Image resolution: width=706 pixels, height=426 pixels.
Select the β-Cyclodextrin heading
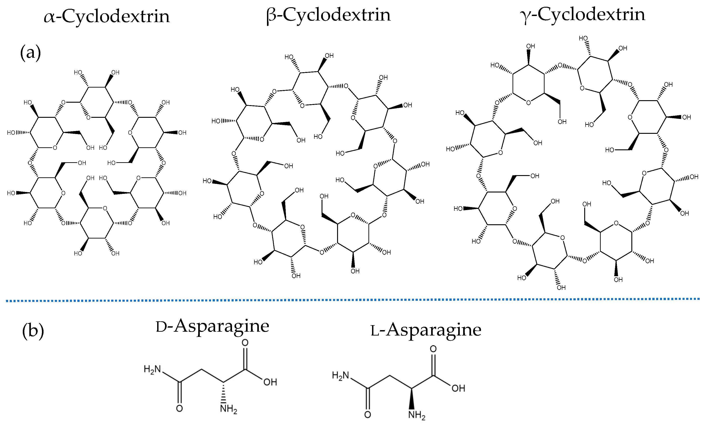[x=328, y=15]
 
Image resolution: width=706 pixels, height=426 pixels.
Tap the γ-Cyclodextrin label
[x=582, y=15]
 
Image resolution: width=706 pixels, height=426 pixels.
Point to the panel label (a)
[x=30, y=53]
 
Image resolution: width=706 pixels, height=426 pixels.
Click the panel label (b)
[x=33, y=331]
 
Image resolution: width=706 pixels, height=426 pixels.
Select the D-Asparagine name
[x=212, y=326]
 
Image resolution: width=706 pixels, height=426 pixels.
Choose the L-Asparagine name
[x=426, y=330]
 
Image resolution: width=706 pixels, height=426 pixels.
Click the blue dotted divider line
[x=352, y=300]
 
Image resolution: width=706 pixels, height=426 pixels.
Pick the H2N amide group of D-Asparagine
[x=152, y=369]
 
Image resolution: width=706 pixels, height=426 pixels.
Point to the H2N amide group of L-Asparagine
[x=341, y=375]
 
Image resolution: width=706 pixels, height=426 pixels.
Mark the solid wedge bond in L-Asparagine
[x=412, y=399]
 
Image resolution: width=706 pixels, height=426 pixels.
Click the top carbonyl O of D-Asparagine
[x=245, y=343]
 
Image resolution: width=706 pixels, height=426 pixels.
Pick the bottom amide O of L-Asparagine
[x=368, y=414]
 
